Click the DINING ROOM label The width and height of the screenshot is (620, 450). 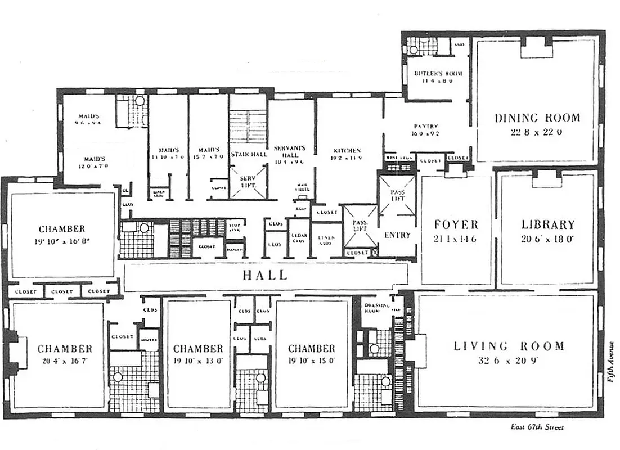537,118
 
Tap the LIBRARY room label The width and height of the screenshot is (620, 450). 547,224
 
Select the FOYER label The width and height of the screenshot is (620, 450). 456,224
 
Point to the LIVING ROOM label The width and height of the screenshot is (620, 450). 509,346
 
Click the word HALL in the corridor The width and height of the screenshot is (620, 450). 265,276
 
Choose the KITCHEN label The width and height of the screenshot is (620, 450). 347,151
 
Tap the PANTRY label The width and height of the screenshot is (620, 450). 426,127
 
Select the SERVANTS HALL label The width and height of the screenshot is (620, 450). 289,151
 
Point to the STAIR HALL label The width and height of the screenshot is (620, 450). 248,154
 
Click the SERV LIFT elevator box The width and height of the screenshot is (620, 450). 248,181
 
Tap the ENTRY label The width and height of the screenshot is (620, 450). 397,235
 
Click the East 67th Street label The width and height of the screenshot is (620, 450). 537,427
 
